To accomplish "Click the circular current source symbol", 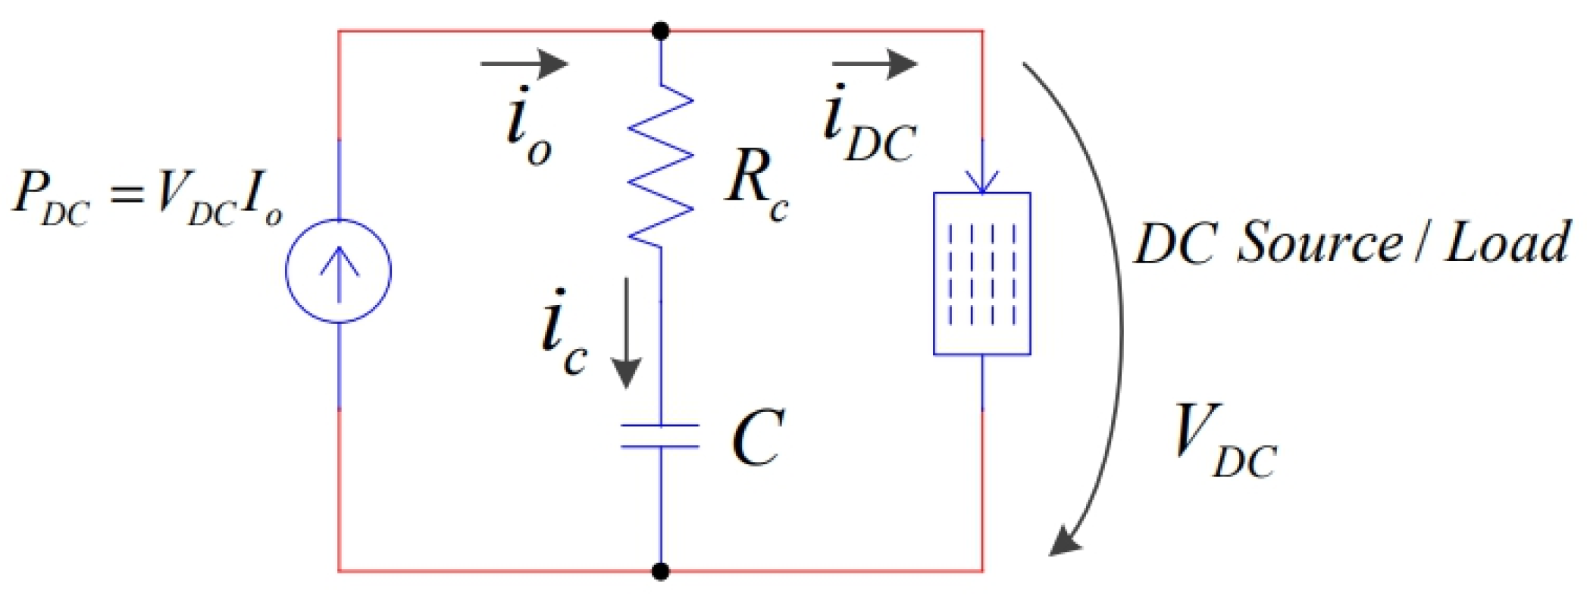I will pyautogui.click(x=338, y=271).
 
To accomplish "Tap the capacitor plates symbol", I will pyautogui.click(x=660, y=436).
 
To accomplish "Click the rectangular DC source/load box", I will pyautogui.click(x=981, y=274).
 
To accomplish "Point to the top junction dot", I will pyautogui.click(x=661, y=31).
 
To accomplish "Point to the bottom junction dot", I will pyautogui.click(x=661, y=570).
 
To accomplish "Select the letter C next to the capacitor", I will pyautogui.click(x=756, y=438).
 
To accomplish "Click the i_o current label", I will pyautogui.click(x=527, y=127).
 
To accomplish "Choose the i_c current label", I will pyautogui.click(x=563, y=334).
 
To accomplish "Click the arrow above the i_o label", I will pyautogui.click(x=524, y=63).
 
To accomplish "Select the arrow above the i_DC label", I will pyautogui.click(x=875, y=63).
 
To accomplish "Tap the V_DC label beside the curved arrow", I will pyautogui.click(x=1222, y=441).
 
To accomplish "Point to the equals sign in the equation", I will pyautogui.click(x=126, y=196).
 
